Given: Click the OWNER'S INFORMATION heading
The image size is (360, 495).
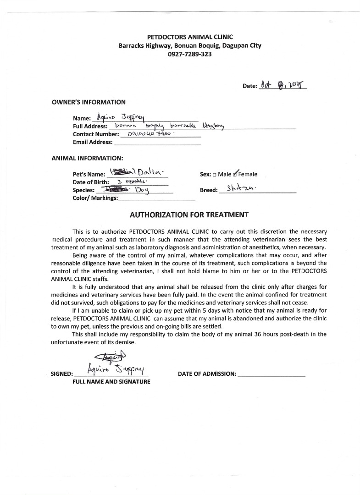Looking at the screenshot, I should tap(89, 102).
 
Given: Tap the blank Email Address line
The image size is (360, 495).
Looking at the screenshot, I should tap(157, 143).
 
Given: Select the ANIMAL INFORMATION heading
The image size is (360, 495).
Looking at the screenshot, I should tap(87, 158).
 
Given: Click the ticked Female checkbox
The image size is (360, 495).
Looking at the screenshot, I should tap(235, 174).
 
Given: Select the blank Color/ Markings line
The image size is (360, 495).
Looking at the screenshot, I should tap(156, 199).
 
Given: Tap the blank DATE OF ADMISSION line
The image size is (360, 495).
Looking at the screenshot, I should tap(271, 374).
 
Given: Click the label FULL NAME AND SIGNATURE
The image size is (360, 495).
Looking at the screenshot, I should tap(111, 382).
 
